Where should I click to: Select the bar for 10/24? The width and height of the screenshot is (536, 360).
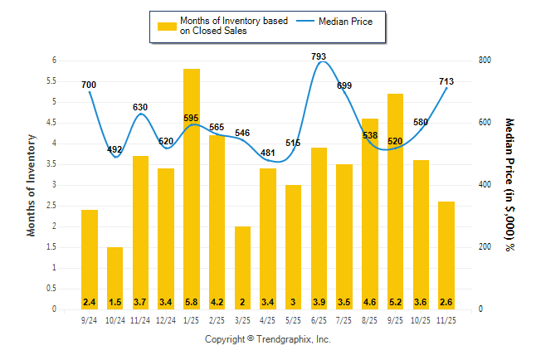115,278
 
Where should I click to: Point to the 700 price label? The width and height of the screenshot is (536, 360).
89,85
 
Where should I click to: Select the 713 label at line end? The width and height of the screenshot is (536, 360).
446,81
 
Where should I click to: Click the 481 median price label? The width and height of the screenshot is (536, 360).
268,153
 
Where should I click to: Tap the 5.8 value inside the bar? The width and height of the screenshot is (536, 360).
192,301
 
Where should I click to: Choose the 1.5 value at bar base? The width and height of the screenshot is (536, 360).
115,301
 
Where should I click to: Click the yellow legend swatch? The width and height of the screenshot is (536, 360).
168,26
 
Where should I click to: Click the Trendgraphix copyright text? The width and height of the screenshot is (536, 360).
268,339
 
